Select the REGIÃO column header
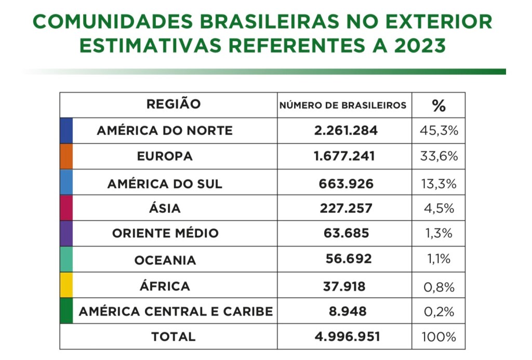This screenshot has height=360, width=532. [x=174, y=104]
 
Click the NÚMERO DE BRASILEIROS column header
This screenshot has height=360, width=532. [x=343, y=105]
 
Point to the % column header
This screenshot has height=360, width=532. [x=438, y=105]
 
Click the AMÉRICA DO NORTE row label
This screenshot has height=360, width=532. [x=165, y=130]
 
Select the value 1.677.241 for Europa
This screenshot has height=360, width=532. [x=344, y=156]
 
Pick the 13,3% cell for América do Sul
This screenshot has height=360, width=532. [x=438, y=183]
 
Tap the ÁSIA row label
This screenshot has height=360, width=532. [x=165, y=208]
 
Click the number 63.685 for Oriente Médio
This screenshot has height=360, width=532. [x=347, y=233]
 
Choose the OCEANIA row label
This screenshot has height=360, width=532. [x=165, y=260]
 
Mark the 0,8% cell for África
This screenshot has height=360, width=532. [x=438, y=287]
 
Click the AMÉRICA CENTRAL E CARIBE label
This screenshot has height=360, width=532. [x=176, y=311]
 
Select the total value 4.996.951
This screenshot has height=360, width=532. [x=347, y=337]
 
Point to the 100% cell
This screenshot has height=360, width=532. [x=438, y=337]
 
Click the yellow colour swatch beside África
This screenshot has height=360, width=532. [x=66, y=285]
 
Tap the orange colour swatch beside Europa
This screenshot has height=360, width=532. [x=66, y=156]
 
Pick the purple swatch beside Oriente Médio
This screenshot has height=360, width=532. [x=66, y=233]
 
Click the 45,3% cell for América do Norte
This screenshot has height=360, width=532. [x=438, y=130]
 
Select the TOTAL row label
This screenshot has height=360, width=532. [x=174, y=337]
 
